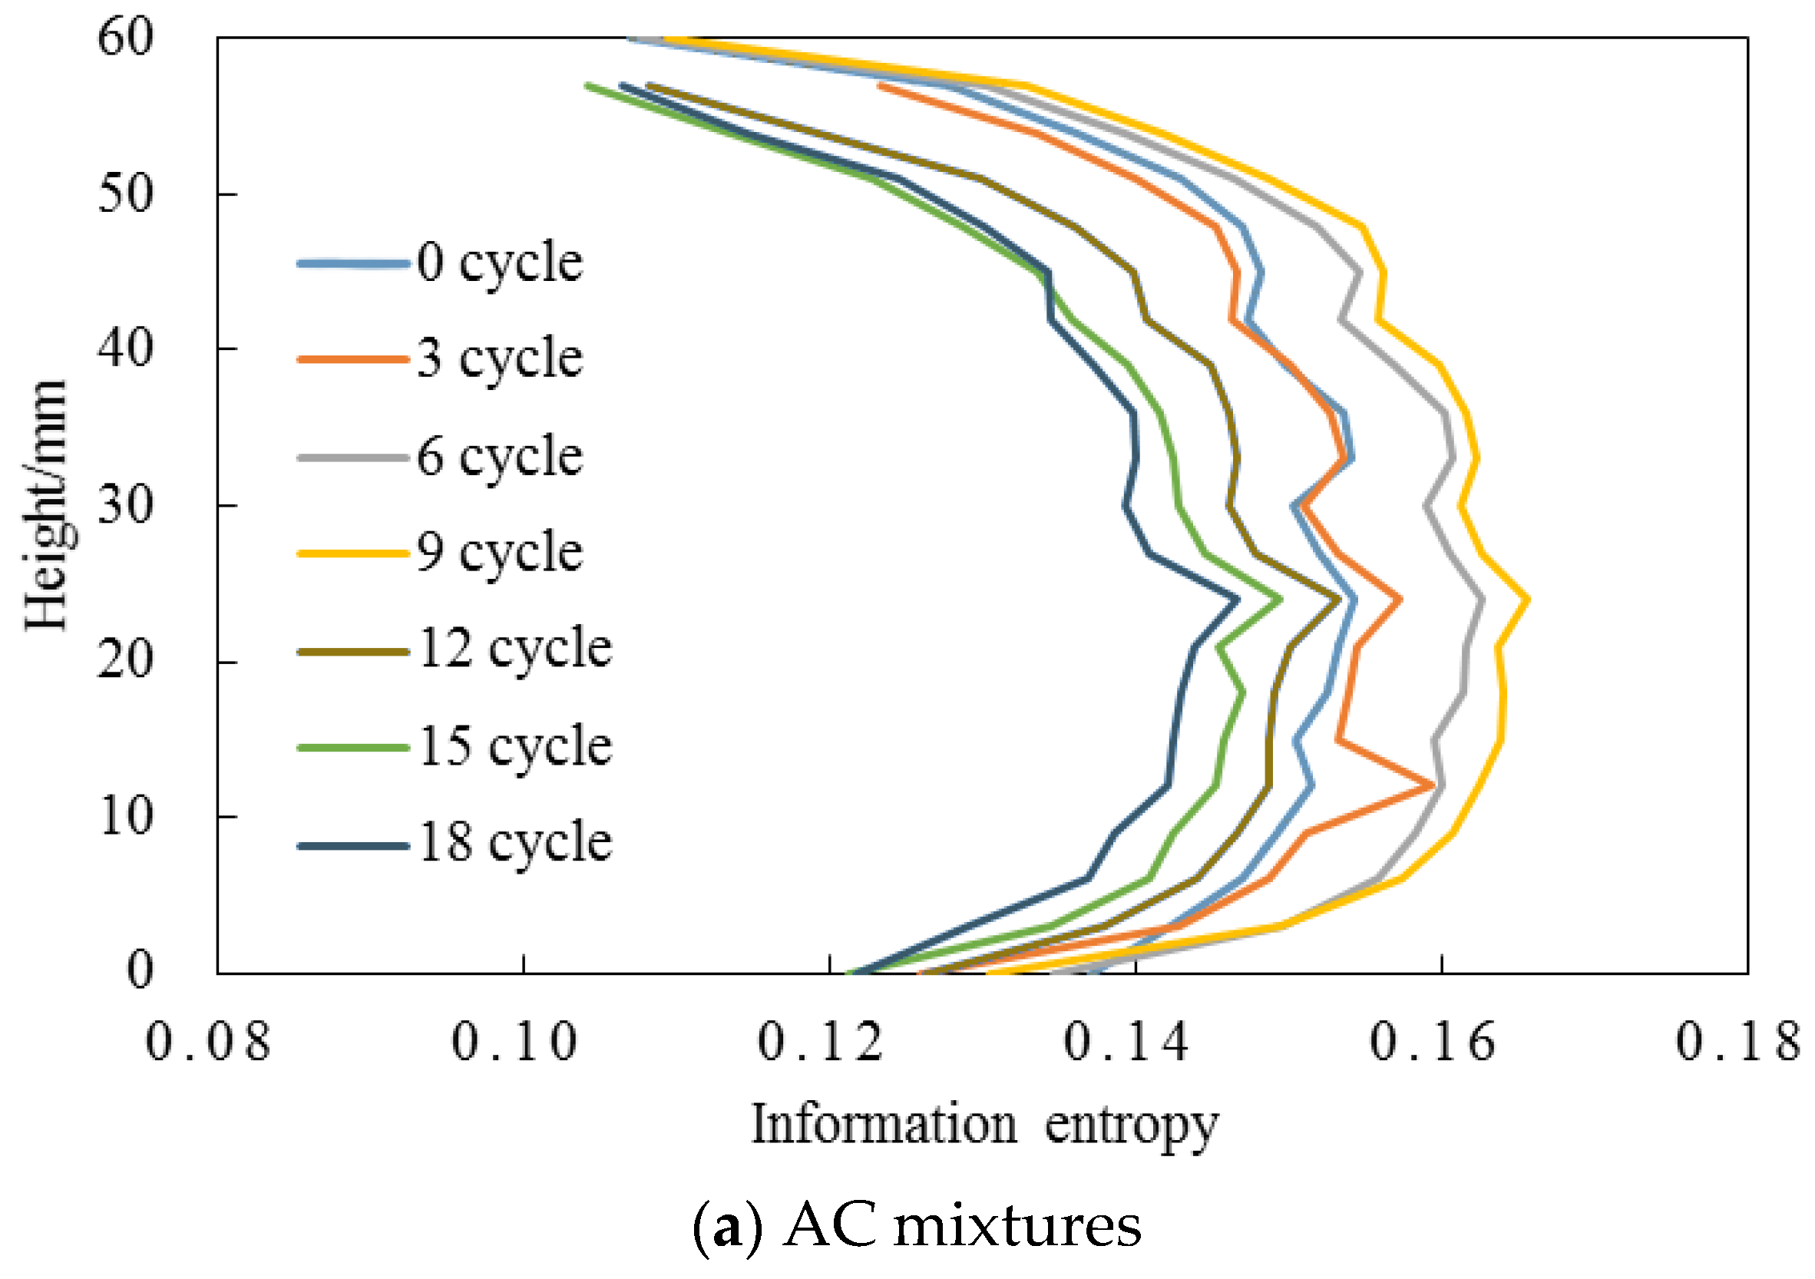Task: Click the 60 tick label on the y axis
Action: (125, 37)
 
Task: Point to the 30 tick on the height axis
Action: (125, 505)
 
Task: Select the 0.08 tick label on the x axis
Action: (208, 1041)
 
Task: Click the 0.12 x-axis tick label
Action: (820, 1041)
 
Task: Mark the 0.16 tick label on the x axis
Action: (1432, 1041)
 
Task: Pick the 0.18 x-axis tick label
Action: (1737, 1041)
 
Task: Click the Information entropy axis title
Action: (984, 1125)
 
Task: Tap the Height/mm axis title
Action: (46, 505)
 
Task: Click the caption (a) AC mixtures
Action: (917, 1227)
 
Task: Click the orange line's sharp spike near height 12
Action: (1433, 785)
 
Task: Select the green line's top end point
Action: (587, 84)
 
